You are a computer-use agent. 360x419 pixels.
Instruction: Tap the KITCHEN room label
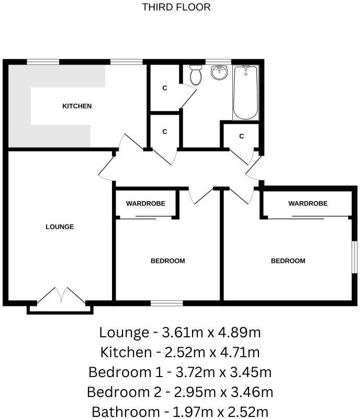(77, 106)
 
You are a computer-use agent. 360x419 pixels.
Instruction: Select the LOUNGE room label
(60, 227)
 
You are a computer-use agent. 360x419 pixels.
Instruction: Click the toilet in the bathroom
(196, 76)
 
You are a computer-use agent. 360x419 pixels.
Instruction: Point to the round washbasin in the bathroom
(220, 73)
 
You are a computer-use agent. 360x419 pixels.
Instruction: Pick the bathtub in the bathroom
(245, 93)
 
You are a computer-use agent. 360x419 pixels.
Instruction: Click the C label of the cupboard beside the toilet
(164, 88)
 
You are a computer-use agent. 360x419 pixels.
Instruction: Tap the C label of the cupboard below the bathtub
(241, 136)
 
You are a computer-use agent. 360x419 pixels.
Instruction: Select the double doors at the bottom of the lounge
(61, 296)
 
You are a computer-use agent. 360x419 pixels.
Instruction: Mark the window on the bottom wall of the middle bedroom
(166, 303)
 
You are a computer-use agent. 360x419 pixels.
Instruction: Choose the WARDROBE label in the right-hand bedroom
(307, 203)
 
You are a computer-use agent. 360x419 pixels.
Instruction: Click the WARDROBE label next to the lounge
(145, 203)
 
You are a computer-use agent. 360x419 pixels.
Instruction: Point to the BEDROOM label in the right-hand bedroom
(288, 261)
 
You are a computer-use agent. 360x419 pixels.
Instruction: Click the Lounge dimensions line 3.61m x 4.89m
(179, 332)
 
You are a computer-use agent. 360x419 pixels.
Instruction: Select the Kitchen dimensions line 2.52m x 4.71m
(179, 352)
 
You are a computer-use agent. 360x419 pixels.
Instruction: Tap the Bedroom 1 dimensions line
(179, 372)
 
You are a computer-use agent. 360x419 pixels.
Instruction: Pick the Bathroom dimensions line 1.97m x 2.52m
(179, 411)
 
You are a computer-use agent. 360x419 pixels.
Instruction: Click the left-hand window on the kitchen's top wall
(42, 62)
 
